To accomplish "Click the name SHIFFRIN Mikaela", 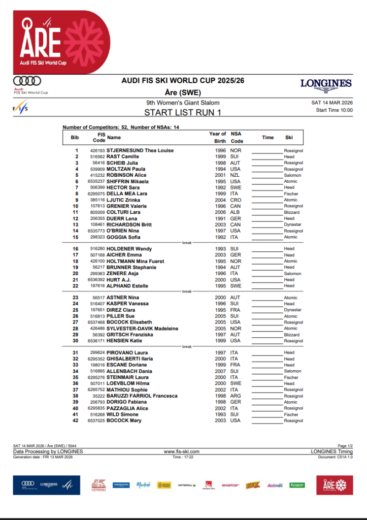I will click(x=127, y=181).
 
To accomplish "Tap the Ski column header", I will click(x=289, y=137).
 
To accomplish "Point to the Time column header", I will click(x=268, y=137).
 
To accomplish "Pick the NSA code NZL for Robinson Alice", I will click(x=236, y=175).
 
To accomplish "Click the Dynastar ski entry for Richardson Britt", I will click(x=293, y=224).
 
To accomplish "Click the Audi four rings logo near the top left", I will click(x=27, y=81).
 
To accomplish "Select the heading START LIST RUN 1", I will click(x=183, y=113).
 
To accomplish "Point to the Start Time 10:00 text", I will click(x=334, y=110).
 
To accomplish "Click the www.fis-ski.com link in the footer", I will click(x=181, y=451).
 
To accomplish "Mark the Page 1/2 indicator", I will click(x=345, y=446).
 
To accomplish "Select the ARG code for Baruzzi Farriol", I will click(x=236, y=396).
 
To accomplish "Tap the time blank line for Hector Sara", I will click(x=267, y=188).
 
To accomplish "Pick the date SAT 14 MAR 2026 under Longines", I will click(x=332, y=103).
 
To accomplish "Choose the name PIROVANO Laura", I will click(x=127, y=352).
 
